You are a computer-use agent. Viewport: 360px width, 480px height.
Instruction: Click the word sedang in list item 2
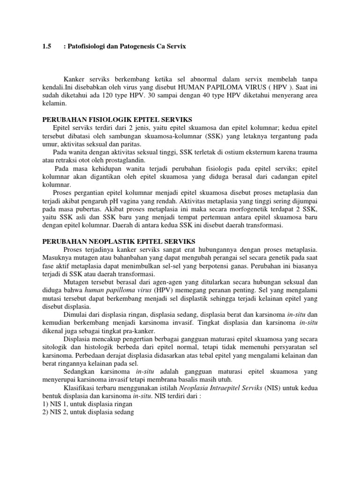[124, 412]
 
